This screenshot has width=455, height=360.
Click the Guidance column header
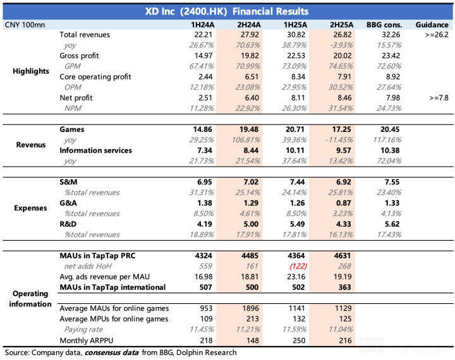point(432,24)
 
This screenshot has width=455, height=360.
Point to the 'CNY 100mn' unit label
point(25,24)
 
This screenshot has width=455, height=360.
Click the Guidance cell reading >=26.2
point(435,35)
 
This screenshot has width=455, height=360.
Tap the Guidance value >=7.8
point(437,99)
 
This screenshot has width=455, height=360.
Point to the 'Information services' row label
point(95,150)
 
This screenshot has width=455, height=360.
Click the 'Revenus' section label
point(30,145)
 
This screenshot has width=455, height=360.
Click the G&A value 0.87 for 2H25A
point(341,202)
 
